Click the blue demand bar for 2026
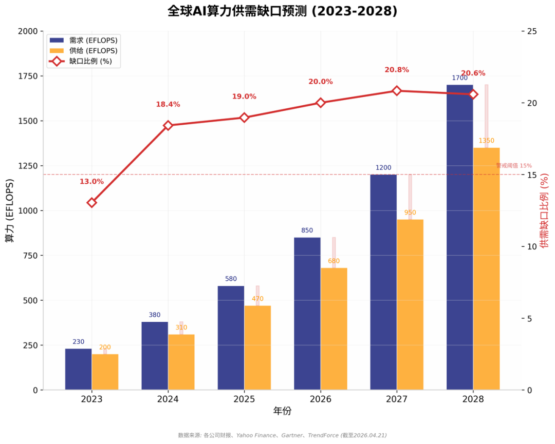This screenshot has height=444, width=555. coord(307,313)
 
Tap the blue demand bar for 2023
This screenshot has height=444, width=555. coord(78,369)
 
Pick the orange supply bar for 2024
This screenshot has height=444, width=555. coord(181,362)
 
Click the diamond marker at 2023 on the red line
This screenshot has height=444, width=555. coord(91,203)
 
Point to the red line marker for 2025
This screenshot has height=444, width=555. coord(244,118)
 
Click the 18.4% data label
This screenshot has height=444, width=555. coord(168,105)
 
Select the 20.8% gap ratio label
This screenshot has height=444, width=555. coord(397,70)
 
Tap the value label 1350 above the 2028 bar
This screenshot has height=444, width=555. coord(486,141)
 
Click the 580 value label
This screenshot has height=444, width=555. coord(231,279)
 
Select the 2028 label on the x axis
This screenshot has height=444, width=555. coord(473,399)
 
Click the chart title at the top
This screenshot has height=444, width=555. coord(282,11)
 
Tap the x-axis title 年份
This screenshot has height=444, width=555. coord(282,411)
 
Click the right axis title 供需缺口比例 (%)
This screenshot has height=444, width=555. coord(545,211)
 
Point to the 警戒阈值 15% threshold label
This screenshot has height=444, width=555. coord(513,166)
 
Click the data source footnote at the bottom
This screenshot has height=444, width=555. coord(282,435)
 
